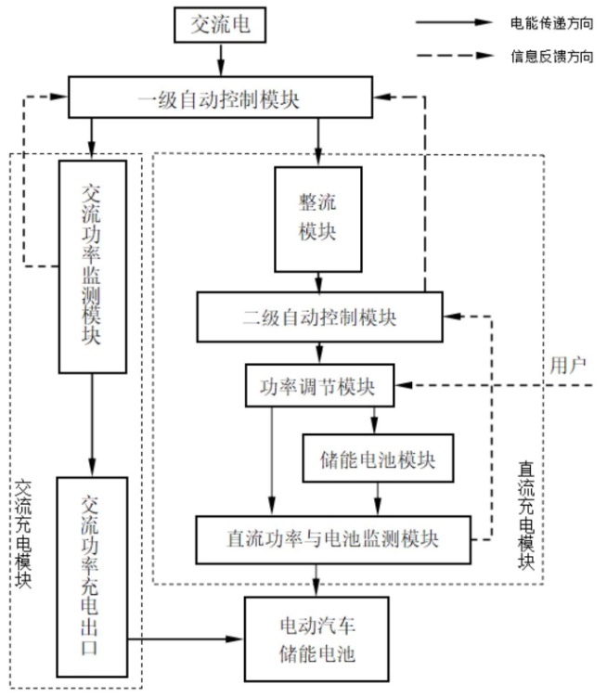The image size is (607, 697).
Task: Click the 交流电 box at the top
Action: [x=220, y=25]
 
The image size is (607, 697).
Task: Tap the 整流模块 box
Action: [x=318, y=219]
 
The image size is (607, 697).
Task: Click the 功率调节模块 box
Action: [x=318, y=385]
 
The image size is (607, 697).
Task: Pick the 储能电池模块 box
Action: [x=378, y=458]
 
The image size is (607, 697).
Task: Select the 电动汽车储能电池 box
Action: [x=318, y=639]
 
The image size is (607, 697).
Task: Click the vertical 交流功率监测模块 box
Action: [x=91, y=266]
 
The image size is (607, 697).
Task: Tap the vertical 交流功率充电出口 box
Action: [x=91, y=577]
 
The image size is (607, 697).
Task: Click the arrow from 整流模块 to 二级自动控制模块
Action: [x=318, y=279]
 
